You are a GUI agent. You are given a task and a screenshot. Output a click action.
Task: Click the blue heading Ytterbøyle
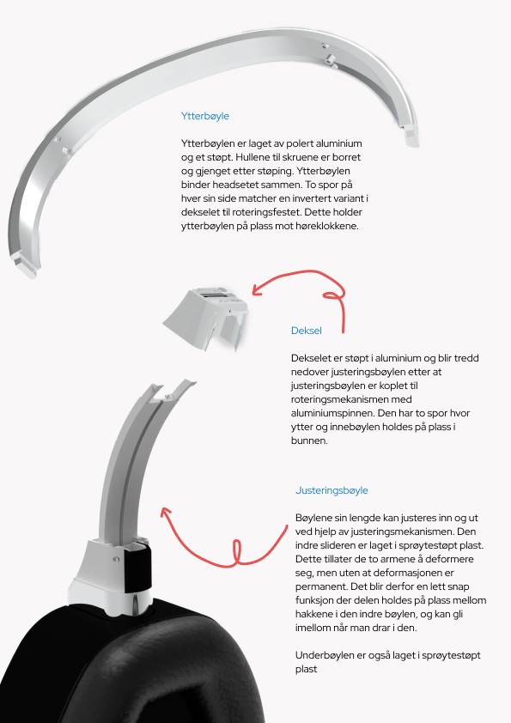(x=204, y=116)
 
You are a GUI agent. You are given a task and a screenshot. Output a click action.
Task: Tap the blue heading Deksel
(x=307, y=331)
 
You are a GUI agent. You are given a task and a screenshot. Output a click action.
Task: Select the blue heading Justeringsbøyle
(x=332, y=490)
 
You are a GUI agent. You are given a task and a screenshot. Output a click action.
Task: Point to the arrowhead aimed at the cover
(x=258, y=289)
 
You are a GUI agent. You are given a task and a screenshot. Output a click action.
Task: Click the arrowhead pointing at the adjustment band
(x=166, y=513)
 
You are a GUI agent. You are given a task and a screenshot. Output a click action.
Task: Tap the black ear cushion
(x=129, y=664)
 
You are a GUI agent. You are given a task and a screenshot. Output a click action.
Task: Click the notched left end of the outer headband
(x=26, y=266)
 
